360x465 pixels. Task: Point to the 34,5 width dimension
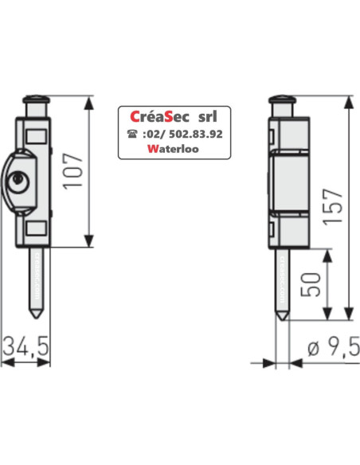tap(26, 346)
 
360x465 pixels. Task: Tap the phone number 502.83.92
tap(186, 134)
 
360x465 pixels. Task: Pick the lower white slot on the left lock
tap(37, 230)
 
